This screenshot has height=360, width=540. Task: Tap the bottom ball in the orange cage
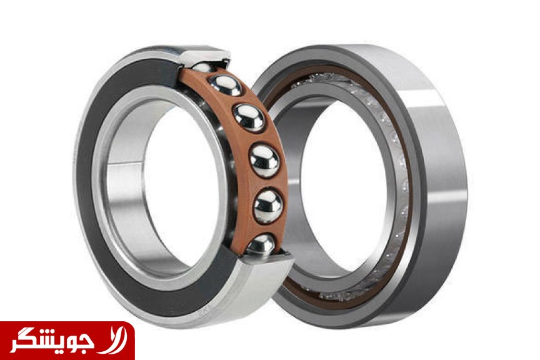tap(261, 245)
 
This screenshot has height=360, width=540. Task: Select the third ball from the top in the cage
tap(249, 117)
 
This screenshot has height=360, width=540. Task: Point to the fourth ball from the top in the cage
tap(264, 161)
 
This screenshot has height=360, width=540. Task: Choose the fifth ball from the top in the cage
tap(268, 206)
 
